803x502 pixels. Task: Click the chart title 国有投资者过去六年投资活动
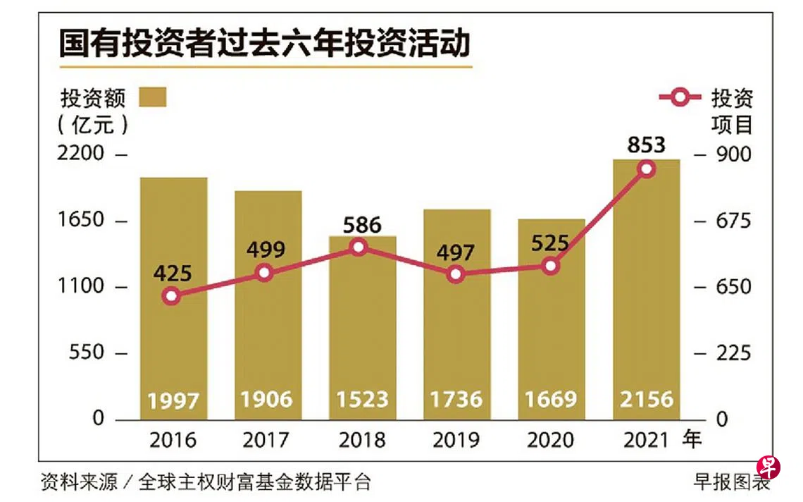pos(264,44)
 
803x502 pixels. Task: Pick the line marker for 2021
pos(646,169)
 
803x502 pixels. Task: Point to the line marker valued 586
pos(359,247)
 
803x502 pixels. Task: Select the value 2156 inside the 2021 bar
pos(646,400)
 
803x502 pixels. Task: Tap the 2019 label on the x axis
pos(456,441)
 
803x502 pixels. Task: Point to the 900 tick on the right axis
pos(733,154)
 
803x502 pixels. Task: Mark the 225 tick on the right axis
pos(733,353)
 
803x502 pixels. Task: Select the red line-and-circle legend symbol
pos(680,97)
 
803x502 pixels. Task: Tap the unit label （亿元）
pos(94,124)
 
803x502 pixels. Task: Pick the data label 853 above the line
pos(646,145)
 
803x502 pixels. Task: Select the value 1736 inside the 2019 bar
pos(456,400)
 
